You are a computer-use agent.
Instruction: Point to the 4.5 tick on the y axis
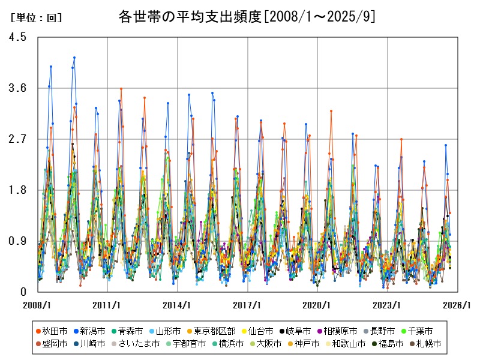click(x=18, y=37)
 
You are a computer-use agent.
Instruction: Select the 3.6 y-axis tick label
click(x=18, y=88)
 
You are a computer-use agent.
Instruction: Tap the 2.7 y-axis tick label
click(x=18, y=139)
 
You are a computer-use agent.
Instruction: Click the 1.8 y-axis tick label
click(x=18, y=190)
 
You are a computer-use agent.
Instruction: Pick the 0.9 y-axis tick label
click(x=18, y=241)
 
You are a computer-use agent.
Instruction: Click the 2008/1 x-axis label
click(x=37, y=305)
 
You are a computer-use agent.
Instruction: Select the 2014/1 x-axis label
click(x=178, y=305)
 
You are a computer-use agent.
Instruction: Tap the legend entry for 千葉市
click(x=418, y=331)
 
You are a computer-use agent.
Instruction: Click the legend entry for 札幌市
click(x=427, y=344)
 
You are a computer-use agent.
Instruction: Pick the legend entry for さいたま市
click(x=140, y=344)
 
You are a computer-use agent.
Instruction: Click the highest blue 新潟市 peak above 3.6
click(x=74, y=58)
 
